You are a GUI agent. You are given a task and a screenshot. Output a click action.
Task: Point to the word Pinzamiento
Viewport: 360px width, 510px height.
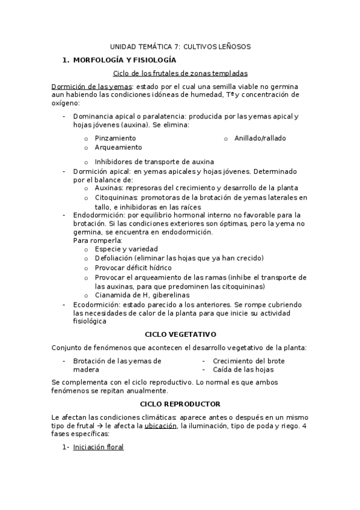[x=115, y=138]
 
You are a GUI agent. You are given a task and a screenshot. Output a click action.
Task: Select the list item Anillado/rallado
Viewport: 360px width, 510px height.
[x=260, y=138]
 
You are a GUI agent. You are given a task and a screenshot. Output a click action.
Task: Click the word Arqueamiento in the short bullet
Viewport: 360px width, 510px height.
[x=118, y=147]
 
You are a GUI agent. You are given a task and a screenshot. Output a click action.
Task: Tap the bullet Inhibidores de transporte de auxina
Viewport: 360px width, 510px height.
[x=154, y=162]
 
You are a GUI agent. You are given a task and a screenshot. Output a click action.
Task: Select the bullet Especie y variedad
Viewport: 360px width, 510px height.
[x=126, y=249]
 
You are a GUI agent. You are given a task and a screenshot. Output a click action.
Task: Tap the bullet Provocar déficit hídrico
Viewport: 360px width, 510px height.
[x=133, y=268]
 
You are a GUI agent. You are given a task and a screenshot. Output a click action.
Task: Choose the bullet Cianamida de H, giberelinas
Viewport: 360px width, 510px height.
[x=142, y=295]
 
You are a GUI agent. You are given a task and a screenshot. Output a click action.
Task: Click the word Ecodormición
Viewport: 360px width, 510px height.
[x=96, y=304]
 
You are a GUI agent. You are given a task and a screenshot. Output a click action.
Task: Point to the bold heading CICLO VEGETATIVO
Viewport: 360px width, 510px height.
[x=181, y=334]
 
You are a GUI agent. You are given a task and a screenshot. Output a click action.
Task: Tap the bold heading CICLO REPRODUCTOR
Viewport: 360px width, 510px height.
[x=180, y=404]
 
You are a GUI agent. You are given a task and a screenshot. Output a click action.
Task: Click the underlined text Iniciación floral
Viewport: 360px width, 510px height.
[x=99, y=447]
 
